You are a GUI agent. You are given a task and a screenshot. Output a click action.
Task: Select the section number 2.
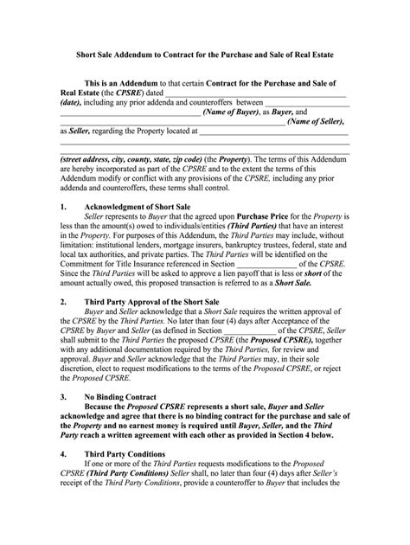click(63, 302)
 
